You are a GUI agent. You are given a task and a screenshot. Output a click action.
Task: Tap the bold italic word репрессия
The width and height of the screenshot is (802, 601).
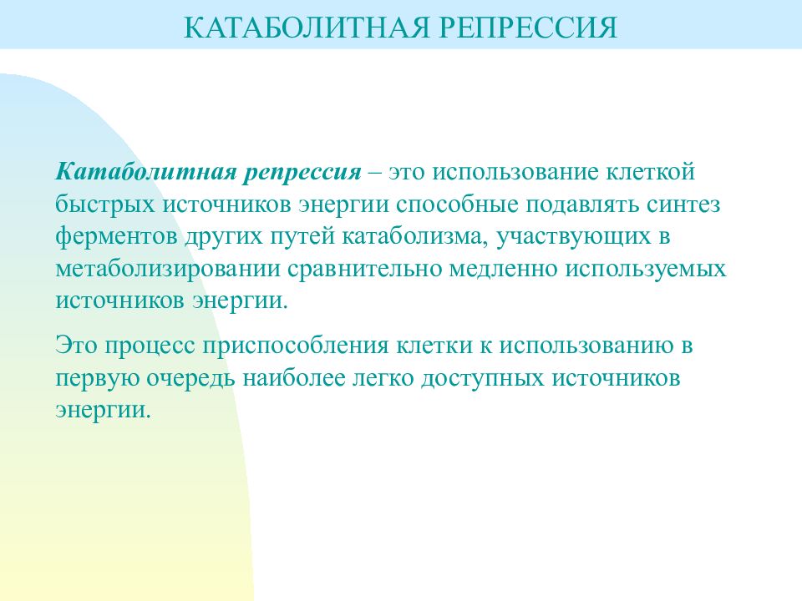(302, 174)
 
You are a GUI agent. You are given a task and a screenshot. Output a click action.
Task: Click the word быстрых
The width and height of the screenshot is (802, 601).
(104, 205)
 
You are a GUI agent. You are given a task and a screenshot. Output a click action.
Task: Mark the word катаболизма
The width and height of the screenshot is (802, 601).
(413, 236)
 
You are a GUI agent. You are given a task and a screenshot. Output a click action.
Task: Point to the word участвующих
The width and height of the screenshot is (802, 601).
(571, 236)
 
